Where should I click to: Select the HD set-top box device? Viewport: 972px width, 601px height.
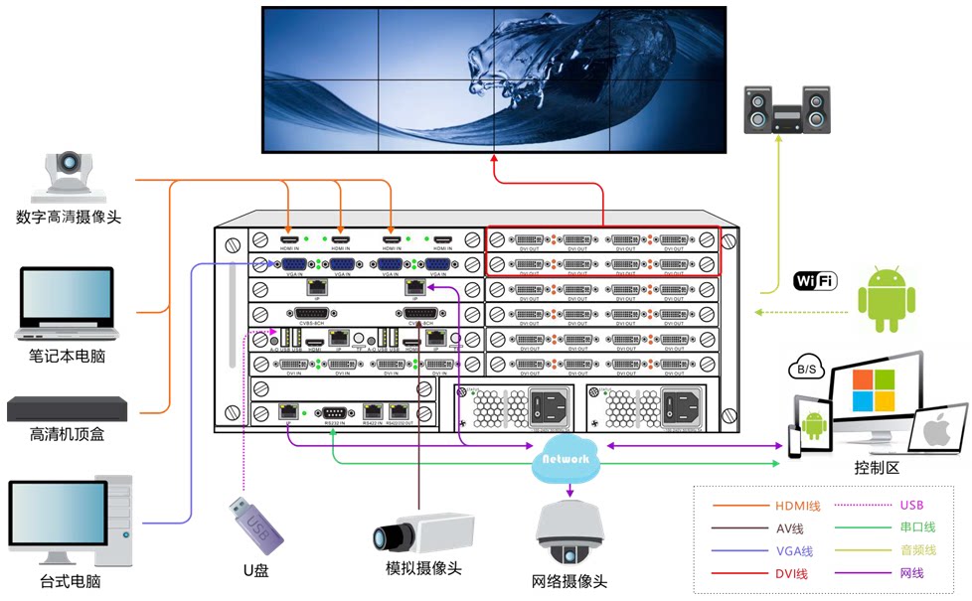tap(68, 407)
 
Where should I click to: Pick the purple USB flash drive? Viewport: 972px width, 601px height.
tap(254, 523)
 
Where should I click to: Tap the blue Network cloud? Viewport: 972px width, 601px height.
tap(567, 459)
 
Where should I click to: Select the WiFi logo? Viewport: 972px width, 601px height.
tap(815, 281)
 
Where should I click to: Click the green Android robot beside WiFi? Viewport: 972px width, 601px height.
tap(887, 297)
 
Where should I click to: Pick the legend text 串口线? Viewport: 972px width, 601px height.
tap(916, 527)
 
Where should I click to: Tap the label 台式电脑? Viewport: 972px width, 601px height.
tap(71, 581)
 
